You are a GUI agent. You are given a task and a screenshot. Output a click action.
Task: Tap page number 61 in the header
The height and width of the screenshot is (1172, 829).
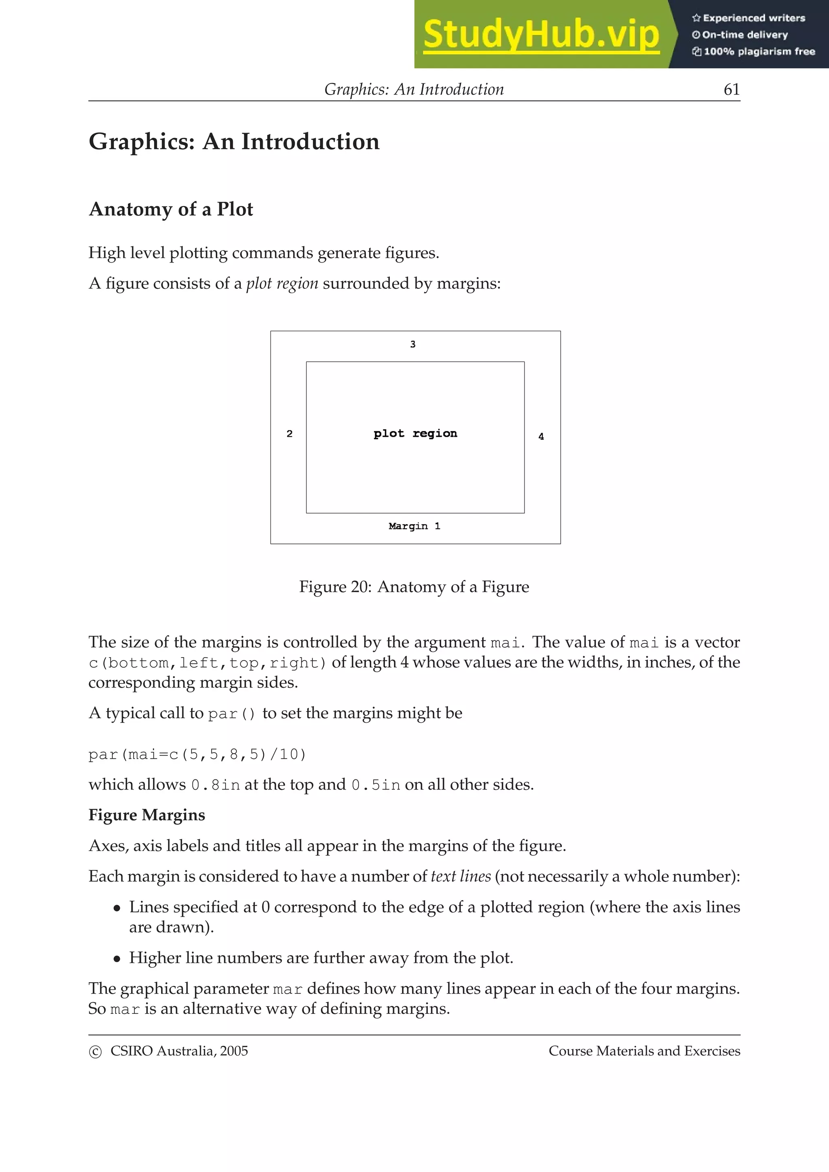(731, 90)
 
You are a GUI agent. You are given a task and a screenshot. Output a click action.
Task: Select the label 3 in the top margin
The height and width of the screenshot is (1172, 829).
(413, 345)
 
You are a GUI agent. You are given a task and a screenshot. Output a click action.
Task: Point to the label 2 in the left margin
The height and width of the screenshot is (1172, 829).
(289, 434)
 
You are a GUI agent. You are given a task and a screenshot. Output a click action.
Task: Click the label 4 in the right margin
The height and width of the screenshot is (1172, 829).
(541, 436)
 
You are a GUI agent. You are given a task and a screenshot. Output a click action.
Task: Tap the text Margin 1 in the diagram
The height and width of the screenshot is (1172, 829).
(414, 526)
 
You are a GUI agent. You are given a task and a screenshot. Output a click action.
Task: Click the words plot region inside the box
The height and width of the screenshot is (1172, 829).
(415, 434)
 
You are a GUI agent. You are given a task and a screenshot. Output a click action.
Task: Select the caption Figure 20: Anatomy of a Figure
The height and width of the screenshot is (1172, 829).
(414, 587)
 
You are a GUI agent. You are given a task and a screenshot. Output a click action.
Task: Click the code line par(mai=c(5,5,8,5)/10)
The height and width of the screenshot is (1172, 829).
(197, 755)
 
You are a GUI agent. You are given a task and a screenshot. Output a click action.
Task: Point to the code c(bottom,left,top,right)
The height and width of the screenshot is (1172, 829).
(207, 663)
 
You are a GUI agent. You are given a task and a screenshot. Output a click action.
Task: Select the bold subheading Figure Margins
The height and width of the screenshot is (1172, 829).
(147, 815)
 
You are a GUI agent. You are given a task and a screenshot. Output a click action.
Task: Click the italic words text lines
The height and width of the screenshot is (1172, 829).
(461, 876)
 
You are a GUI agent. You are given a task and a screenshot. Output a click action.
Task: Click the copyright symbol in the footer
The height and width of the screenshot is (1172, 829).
(95, 1051)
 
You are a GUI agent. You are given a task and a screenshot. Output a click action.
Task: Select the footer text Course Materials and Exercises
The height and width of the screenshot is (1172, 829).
(644, 1051)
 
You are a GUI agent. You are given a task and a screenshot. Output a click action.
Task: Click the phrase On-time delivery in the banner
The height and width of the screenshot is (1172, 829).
(744, 35)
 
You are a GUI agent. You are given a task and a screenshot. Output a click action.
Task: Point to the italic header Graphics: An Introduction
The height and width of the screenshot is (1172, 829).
(414, 90)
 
